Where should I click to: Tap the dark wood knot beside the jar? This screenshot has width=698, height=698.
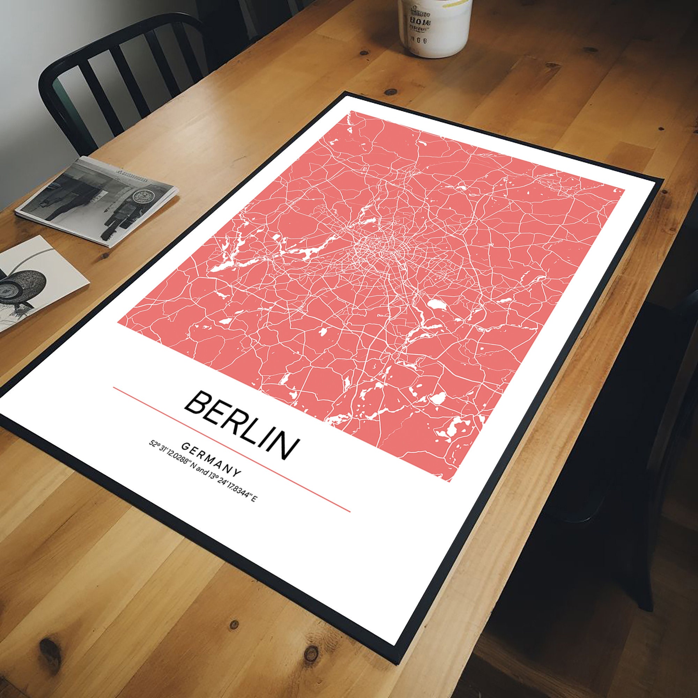tap(361, 54)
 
